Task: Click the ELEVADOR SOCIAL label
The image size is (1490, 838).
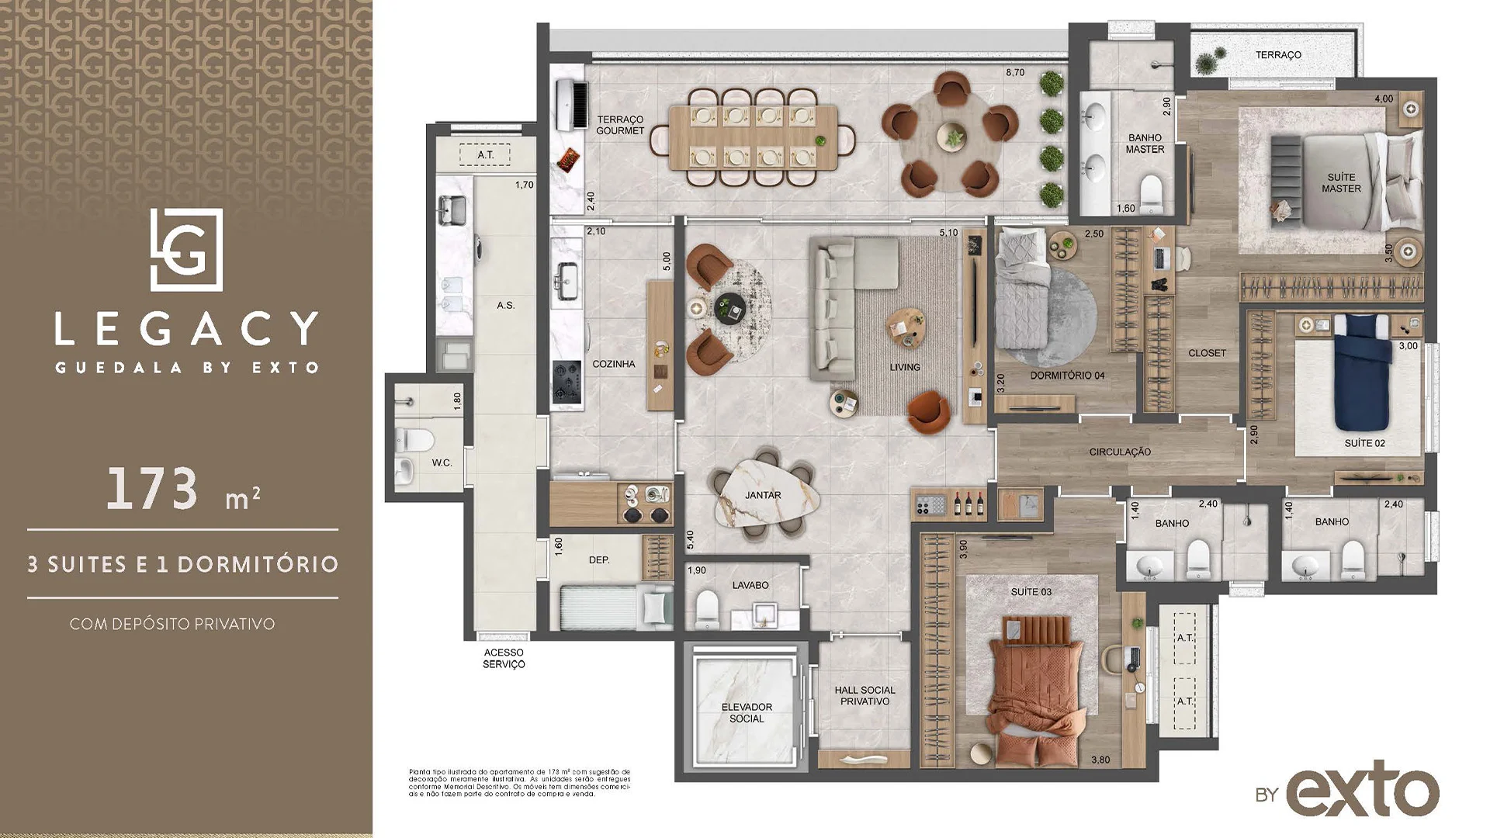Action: tap(746, 712)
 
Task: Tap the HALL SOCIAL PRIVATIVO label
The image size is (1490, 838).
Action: tap(865, 695)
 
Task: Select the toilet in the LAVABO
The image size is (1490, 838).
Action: tap(707, 609)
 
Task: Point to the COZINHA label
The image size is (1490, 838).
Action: tap(613, 364)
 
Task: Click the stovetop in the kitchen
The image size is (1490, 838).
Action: tap(567, 383)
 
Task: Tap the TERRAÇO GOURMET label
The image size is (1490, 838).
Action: tap(620, 125)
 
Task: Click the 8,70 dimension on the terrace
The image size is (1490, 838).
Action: tap(1014, 73)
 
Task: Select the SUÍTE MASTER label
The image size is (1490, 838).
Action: tap(1341, 183)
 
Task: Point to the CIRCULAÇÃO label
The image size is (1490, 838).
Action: tap(1119, 452)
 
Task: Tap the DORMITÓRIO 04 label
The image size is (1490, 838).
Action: tap(1067, 376)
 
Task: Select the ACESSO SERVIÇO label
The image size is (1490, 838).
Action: tap(504, 658)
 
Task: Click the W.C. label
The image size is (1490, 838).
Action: tap(442, 463)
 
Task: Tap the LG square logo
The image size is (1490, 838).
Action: tap(186, 249)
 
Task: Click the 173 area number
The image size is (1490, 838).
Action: tap(152, 490)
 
